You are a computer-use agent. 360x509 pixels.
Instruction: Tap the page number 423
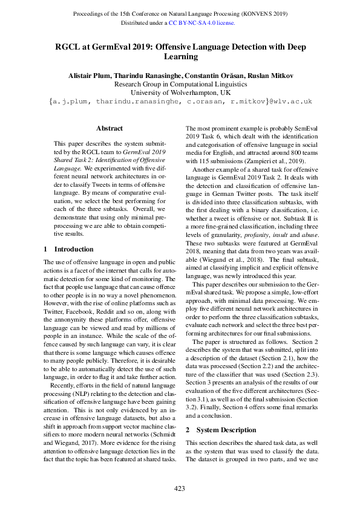(180, 488)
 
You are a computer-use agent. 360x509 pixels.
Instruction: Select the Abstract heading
(110, 128)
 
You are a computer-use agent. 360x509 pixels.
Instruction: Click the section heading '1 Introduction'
(69, 248)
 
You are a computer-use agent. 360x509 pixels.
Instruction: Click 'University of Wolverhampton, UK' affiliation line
(180, 93)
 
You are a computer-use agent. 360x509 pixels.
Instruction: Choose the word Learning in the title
(180, 57)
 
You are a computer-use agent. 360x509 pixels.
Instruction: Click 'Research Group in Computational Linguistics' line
(180, 85)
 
